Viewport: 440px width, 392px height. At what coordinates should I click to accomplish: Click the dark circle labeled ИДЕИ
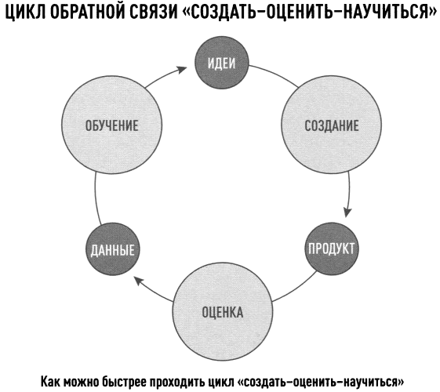coord(222,63)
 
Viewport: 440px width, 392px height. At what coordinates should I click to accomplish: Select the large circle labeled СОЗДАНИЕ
coord(332,125)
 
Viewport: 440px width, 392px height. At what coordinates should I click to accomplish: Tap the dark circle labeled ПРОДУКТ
coord(332,249)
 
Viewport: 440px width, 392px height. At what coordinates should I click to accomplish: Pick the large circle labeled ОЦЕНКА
coord(223,311)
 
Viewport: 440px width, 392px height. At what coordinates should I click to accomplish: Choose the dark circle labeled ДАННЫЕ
coord(112,249)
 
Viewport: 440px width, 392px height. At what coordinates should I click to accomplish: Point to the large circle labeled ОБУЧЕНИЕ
coord(111,125)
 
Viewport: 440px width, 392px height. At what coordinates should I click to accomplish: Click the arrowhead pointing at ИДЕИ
coord(182,69)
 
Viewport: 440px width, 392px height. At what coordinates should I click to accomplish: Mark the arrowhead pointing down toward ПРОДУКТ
coord(347,212)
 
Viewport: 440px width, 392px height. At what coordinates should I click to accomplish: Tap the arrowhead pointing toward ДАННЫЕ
coord(138,281)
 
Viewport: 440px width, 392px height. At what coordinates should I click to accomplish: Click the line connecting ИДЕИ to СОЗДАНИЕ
coord(275,74)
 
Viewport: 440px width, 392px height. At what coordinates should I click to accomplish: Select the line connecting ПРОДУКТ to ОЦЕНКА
coord(296,288)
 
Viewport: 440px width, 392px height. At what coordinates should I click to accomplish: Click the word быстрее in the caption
coord(124,382)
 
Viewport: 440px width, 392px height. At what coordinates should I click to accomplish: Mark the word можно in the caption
coord(82,382)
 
